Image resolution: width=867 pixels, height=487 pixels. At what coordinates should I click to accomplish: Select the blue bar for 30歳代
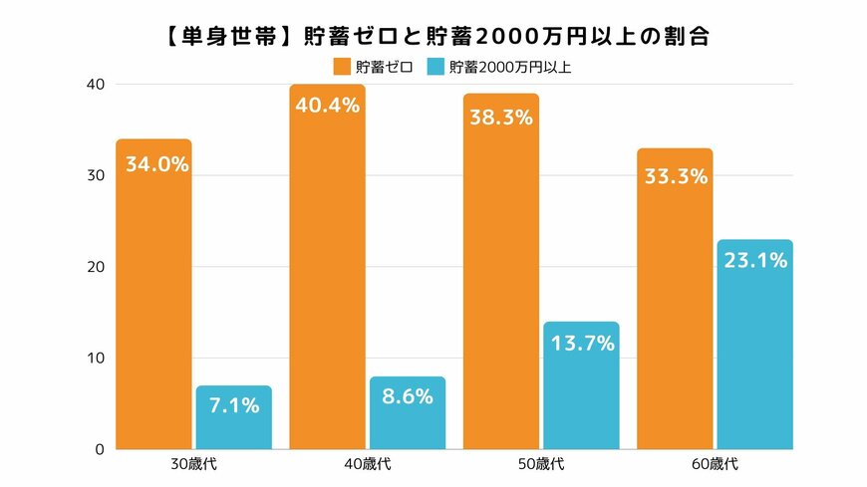pyautogui.click(x=233, y=417)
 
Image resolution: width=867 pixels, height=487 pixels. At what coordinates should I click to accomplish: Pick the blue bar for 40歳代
pyautogui.click(x=407, y=412)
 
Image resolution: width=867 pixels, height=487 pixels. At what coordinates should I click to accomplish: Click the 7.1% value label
pyautogui.click(x=233, y=405)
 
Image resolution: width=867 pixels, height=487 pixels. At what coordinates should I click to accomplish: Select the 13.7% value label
pyautogui.click(x=581, y=344)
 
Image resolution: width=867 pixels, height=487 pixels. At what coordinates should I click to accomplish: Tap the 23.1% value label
pyautogui.click(x=754, y=261)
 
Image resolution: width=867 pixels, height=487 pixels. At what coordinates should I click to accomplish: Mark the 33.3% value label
pyautogui.click(x=675, y=176)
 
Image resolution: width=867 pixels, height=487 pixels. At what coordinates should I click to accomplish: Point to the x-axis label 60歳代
pyautogui.click(x=715, y=465)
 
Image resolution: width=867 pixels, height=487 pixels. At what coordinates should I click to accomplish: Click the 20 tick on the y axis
pyautogui.click(x=95, y=267)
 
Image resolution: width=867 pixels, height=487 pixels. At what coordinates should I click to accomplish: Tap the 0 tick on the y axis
pyautogui.click(x=99, y=449)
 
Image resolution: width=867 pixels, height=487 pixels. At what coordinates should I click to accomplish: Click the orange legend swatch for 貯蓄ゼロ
pyautogui.click(x=341, y=68)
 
